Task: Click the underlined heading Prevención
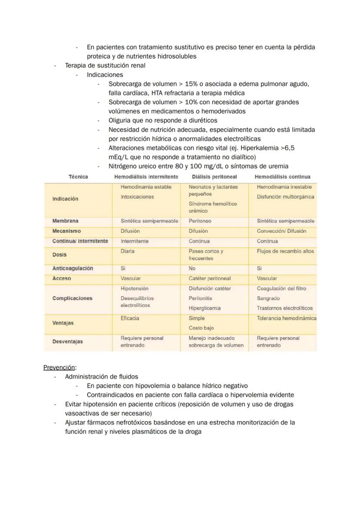point(59,367)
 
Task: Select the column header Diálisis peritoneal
point(214,177)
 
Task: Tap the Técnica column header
point(78,177)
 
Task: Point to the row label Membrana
point(65,221)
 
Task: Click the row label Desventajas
point(67,342)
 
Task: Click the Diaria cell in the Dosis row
point(127,251)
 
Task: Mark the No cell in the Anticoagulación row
point(192,268)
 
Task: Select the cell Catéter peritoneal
point(210,278)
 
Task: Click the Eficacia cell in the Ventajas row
point(130,318)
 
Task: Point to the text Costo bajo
point(201,328)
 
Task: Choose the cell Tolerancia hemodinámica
point(287,318)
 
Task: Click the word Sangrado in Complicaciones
point(268,298)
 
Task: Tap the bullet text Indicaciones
point(105,74)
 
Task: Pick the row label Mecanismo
point(67,231)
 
